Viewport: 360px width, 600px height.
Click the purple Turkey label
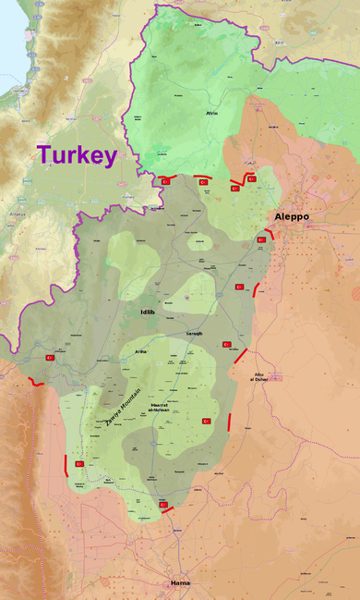[77, 154]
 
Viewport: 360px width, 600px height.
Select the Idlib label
[147, 312]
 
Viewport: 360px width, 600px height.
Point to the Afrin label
[210, 113]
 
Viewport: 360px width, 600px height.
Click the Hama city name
[179, 583]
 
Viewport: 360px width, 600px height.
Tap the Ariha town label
[141, 351]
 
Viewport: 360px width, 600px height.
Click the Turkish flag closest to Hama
[163, 505]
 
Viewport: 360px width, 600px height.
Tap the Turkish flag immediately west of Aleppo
[261, 239]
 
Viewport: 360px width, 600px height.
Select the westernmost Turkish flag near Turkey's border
[50, 357]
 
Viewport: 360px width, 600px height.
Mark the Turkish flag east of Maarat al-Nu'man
[207, 421]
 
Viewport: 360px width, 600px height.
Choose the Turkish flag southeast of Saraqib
[226, 345]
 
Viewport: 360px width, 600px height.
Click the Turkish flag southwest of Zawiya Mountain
[79, 463]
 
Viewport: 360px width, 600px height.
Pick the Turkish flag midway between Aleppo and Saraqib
[240, 287]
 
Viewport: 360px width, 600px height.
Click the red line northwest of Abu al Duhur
[241, 355]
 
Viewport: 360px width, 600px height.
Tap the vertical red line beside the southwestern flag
[66, 464]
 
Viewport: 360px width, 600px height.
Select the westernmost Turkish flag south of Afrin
[166, 181]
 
